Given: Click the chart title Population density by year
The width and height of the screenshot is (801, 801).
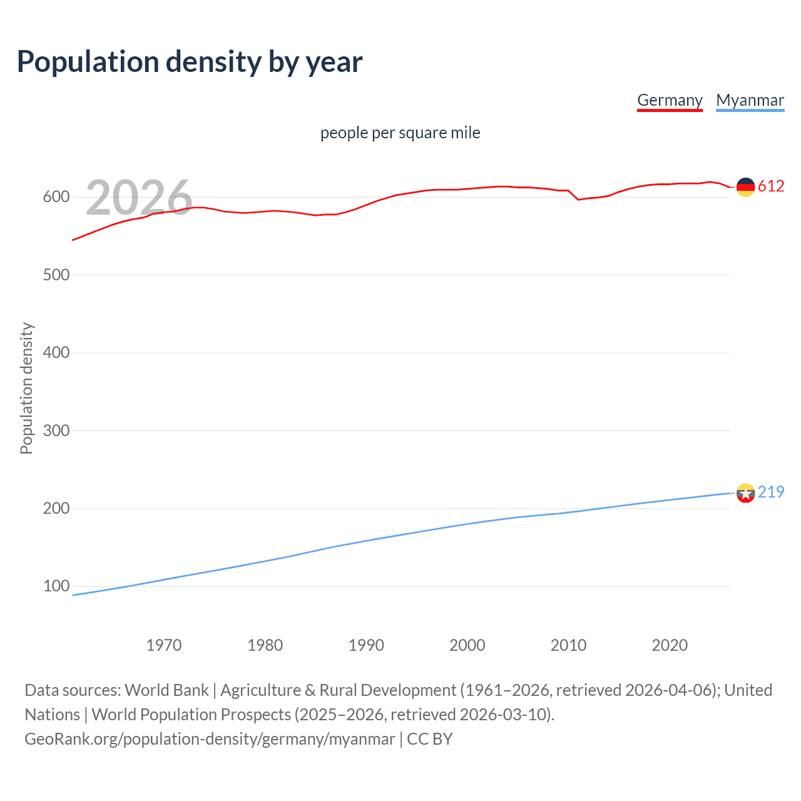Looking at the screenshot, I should [x=190, y=62].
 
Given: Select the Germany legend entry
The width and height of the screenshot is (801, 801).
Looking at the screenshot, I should [x=670, y=100].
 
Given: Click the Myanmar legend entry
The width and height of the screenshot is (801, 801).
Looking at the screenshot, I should [x=750, y=100].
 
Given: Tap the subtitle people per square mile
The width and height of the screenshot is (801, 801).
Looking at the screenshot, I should [x=400, y=133].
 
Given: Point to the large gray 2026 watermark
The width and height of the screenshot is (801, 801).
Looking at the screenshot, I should [x=139, y=198].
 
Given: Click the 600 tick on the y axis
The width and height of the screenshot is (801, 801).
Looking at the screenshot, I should [x=56, y=197].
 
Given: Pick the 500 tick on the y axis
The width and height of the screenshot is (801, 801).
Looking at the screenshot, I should [x=56, y=275].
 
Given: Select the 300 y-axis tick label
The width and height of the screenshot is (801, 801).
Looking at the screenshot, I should [x=56, y=431].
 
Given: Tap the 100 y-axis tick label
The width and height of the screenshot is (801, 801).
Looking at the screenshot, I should [x=56, y=586].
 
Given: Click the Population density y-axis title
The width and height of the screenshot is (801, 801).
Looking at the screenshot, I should [x=26, y=388].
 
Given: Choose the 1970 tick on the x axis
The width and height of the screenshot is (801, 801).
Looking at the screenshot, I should [x=164, y=645].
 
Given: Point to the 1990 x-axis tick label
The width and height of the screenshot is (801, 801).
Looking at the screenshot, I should [x=366, y=645].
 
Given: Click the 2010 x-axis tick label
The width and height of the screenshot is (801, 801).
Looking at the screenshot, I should [x=568, y=645].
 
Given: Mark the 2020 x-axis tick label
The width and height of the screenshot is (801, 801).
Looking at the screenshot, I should [x=670, y=645].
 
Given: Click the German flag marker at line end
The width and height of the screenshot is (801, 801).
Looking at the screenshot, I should [x=745, y=186].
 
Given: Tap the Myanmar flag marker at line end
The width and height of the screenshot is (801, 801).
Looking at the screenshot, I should [x=745, y=493].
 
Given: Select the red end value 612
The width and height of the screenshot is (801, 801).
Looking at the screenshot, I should [x=771, y=186].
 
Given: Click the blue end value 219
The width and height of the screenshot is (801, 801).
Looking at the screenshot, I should [x=771, y=492].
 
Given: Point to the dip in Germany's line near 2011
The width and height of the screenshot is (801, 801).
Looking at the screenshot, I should [x=578, y=199].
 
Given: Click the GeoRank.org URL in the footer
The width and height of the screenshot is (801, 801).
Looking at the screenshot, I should [x=210, y=739].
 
